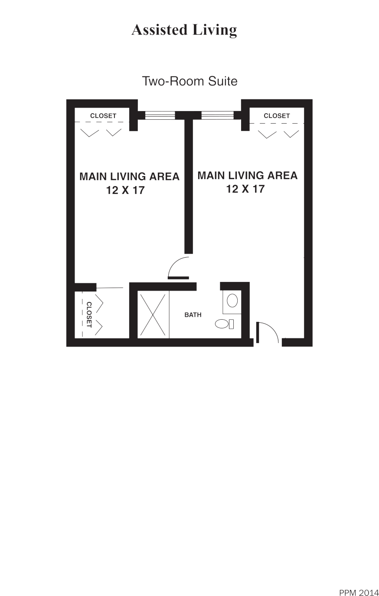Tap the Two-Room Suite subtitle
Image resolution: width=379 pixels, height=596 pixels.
coord(189,81)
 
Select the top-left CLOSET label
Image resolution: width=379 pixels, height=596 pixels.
coord(103,116)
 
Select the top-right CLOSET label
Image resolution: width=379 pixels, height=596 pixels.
coord(277,116)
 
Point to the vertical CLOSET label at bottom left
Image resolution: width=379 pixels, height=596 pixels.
coord(89,314)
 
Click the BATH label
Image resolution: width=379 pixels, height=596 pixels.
coord(193,315)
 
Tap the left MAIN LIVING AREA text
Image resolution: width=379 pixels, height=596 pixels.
coord(129,177)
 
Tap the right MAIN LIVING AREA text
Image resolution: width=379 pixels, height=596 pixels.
coord(247,175)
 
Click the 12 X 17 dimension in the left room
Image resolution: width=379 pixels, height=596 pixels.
coord(125,190)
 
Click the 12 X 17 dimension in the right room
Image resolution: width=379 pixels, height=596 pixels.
coord(245,189)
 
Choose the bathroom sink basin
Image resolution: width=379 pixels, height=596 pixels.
coord(232,301)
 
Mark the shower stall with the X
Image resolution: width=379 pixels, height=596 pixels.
coord(153,314)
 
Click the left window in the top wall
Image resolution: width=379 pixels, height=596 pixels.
coord(160,115)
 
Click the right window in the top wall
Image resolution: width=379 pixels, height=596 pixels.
coord(217,115)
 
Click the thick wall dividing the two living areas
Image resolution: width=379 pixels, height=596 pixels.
coord(188,187)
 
